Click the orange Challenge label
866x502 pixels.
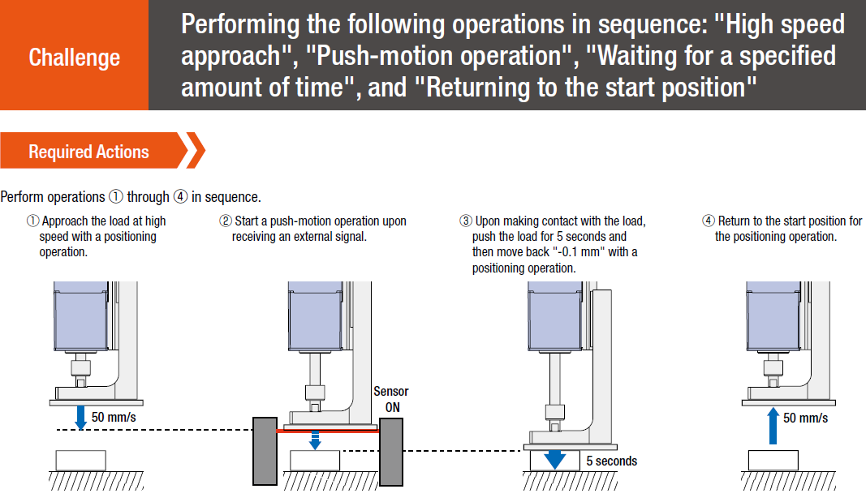pyautogui.click(x=74, y=58)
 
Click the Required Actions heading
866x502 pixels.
pyautogui.click(x=88, y=152)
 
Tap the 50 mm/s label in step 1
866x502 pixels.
pyautogui.click(x=114, y=417)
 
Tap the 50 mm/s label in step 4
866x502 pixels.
pyautogui.click(x=805, y=418)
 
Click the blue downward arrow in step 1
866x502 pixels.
pyautogui.click(x=80, y=418)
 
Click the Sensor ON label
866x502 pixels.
pyautogui.click(x=391, y=399)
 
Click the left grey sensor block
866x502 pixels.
pyautogui.click(x=265, y=451)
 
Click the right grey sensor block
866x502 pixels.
pyautogui.click(x=391, y=451)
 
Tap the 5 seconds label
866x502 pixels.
pyautogui.click(x=611, y=461)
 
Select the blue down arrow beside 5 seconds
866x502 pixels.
pyautogui.click(x=555, y=460)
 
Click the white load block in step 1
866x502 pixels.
pyautogui.click(x=80, y=460)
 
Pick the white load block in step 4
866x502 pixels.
pyautogui.click(x=773, y=460)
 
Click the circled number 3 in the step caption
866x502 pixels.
pyautogui.click(x=465, y=221)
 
